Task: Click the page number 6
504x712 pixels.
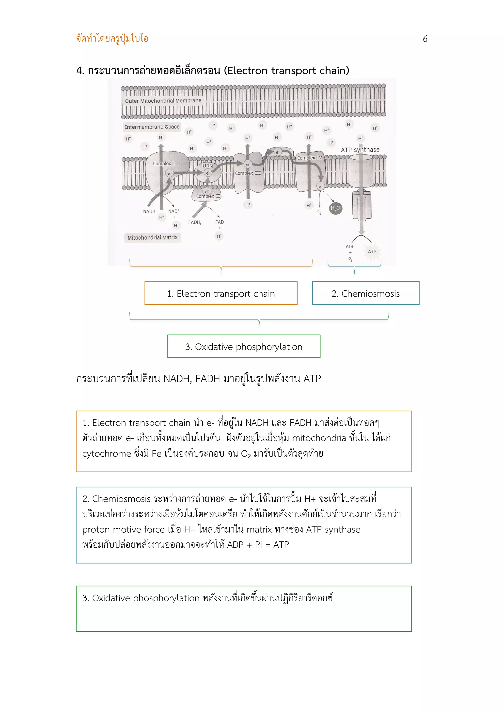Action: (x=425, y=39)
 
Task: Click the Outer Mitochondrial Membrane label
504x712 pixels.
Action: (x=163, y=101)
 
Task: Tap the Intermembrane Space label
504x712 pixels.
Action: (x=152, y=127)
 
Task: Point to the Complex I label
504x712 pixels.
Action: (x=164, y=163)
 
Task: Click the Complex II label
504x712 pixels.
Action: (x=208, y=196)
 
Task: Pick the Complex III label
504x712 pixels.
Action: (x=248, y=173)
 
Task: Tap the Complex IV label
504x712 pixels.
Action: (x=309, y=158)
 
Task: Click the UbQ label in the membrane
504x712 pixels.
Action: (x=207, y=166)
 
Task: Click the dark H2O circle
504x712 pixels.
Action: (x=335, y=208)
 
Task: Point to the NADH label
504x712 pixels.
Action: (x=149, y=212)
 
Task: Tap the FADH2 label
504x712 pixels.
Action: (x=195, y=222)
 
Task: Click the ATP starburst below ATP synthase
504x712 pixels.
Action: (x=372, y=252)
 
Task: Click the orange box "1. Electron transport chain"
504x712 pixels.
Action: (x=221, y=293)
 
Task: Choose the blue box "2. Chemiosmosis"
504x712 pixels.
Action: (x=365, y=293)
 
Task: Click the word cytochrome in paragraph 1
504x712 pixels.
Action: (x=107, y=454)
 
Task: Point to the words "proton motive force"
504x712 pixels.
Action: (x=123, y=529)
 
